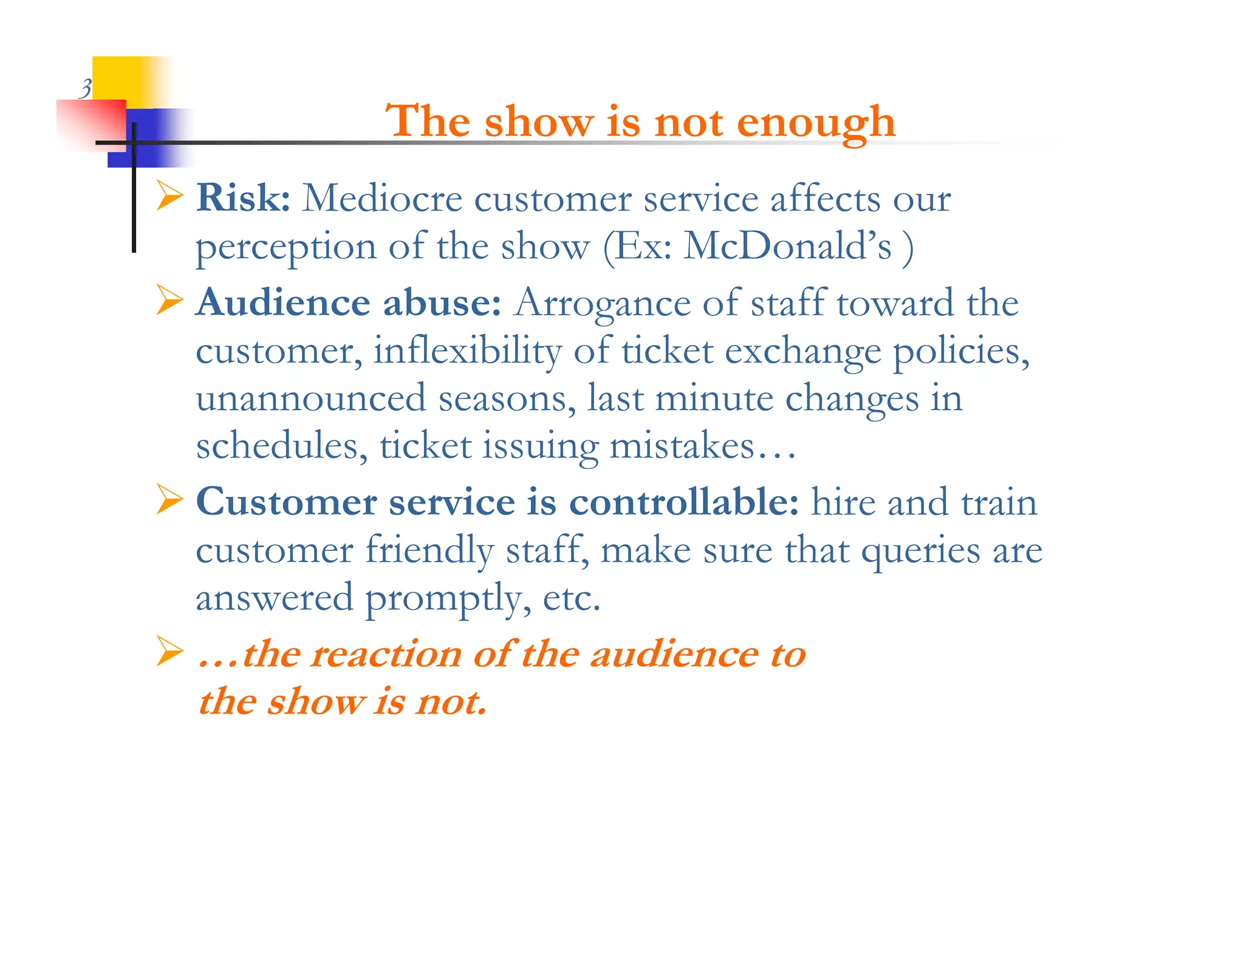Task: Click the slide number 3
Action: pos(86,89)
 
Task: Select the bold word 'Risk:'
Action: pos(244,198)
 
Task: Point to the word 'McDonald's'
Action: pos(788,247)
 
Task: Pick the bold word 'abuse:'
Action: pos(442,302)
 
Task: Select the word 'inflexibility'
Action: pos(467,351)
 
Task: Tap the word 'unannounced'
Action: pos(310,398)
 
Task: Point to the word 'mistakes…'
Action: pos(702,446)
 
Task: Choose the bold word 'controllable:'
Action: pos(684,502)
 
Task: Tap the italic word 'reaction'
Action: pos(386,654)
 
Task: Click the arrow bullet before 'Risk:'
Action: pos(169,196)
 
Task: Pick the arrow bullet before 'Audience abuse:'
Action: pos(169,300)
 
